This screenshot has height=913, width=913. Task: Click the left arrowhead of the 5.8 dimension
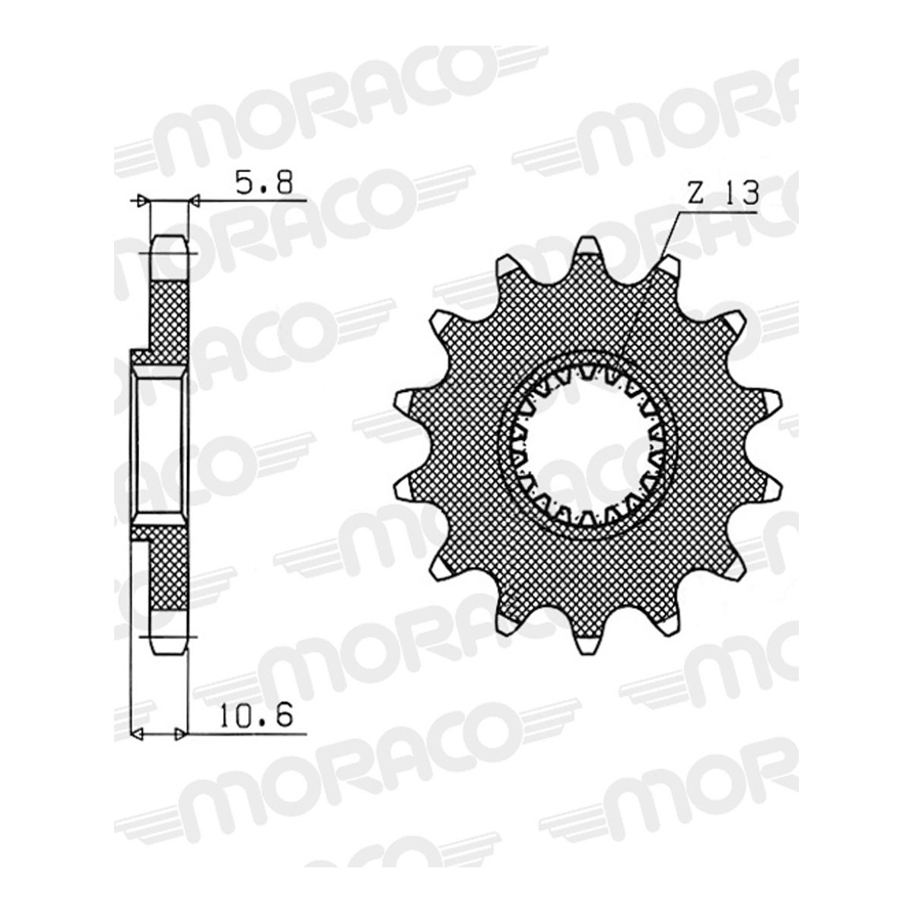[142, 201]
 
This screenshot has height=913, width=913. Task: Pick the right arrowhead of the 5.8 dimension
[194, 202]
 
